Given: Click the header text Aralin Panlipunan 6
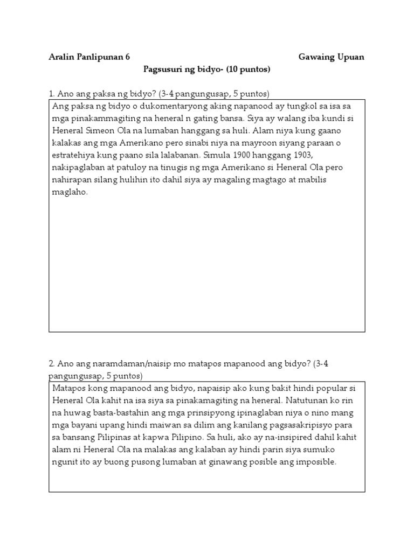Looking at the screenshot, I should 89,57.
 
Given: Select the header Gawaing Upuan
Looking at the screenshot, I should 332,57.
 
